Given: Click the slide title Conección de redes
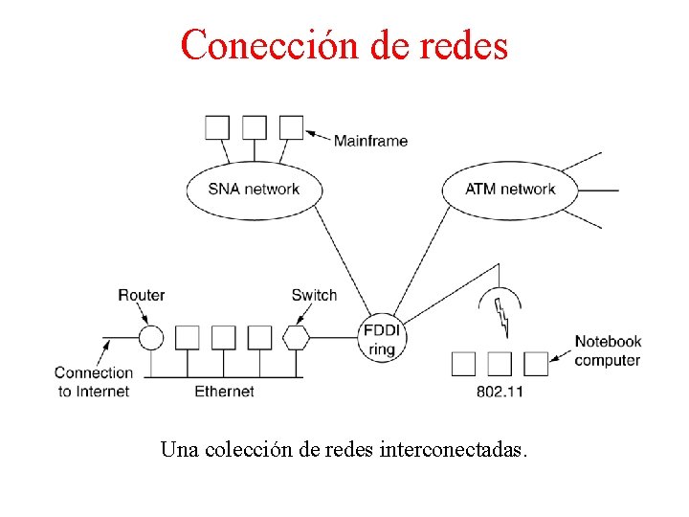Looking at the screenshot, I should pyautogui.click(x=344, y=44).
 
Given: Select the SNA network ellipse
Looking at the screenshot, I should pyautogui.click(x=254, y=189).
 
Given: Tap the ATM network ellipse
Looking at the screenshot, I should pyautogui.click(x=510, y=189).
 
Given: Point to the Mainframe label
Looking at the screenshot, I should pyautogui.click(x=370, y=141).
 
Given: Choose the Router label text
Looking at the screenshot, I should pyautogui.click(x=141, y=295).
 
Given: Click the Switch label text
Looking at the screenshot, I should pyautogui.click(x=314, y=295).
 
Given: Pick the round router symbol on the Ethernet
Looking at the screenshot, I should pyautogui.click(x=151, y=337).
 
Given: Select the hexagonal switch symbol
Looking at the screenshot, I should pyautogui.click(x=296, y=337).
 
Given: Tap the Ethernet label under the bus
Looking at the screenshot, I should pyautogui.click(x=224, y=391).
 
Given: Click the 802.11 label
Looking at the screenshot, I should pyautogui.click(x=500, y=392).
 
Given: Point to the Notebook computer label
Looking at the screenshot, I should pyautogui.click(x=608, y=350).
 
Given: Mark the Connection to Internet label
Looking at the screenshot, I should pyautogui.click(x=93, y=381).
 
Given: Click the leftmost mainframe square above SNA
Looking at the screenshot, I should pyautogui.click(x=217, y=127).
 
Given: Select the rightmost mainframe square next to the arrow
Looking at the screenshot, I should pyautogui.click(x=291, y=127).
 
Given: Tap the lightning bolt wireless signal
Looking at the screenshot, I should pyautogui.click(x=501, y=316).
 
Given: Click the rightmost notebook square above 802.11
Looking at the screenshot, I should pyautogui.click(x=536, y=363).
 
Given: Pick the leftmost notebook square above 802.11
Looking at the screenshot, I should pyautogui.click(x=463, y=363).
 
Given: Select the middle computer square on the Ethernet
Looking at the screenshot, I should pyautogui.click(x=223, y=337).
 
